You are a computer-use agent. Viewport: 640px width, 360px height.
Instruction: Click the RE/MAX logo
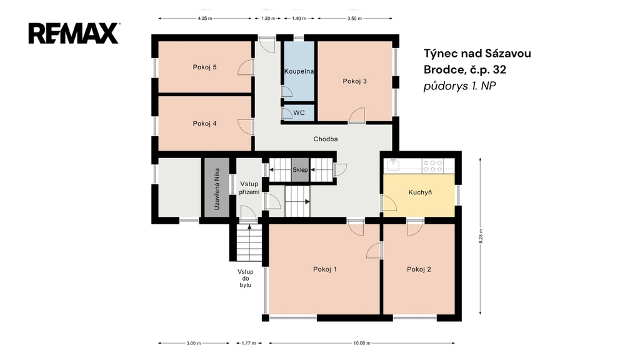pyautogui.click(x=74, y=34)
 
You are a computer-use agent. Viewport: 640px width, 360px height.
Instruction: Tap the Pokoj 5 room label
pyautogui.click(x=204, y=67)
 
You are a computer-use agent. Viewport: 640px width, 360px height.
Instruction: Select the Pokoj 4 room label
pyautogui.click(x=204, y=124)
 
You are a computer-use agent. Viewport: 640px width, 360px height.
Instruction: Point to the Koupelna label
pyautogui.click(x=299, y=71)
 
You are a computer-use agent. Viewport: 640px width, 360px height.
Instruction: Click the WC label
pyautogui.click(x=299, y=113)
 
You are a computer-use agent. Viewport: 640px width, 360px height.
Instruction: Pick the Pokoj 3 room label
pyautogui.click(x=355, y=81)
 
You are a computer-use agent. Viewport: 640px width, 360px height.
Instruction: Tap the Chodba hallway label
pyautogui.click(x=325, y=139)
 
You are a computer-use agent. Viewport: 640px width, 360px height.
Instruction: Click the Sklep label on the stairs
pyautogui.click(x=300, y=170)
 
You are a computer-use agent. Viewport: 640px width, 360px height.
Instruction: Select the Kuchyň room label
pyautogui.click(x=420, y=192)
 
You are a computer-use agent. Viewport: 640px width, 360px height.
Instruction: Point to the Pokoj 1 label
pyautogui.click(x=325, y=269)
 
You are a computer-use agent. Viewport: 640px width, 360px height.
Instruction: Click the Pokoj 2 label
pyautogui.click(x=419, y=269)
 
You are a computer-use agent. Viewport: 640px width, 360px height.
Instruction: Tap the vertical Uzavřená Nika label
pyautogui.click(x=217, y=189)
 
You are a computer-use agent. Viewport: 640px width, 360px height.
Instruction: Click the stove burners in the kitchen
pyautogui.click(x=432, y=165)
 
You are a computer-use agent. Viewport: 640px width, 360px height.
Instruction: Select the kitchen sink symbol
pyautogui.click(x=393, y=164)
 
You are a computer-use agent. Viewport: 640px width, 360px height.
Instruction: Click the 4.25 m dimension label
pyautogui.click(x=204, y=18)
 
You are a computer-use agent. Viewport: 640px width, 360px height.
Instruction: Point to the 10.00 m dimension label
pyautogui.click(x=362, y=343)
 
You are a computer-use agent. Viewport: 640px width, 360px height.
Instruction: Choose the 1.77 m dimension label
pyautogui.click(x=249, y=343)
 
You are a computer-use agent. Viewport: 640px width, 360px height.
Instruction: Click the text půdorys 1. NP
pyautogui.click(x=459, y=86)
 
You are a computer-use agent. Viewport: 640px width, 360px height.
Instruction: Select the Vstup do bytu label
pyautogui.click(x=246, y=278)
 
